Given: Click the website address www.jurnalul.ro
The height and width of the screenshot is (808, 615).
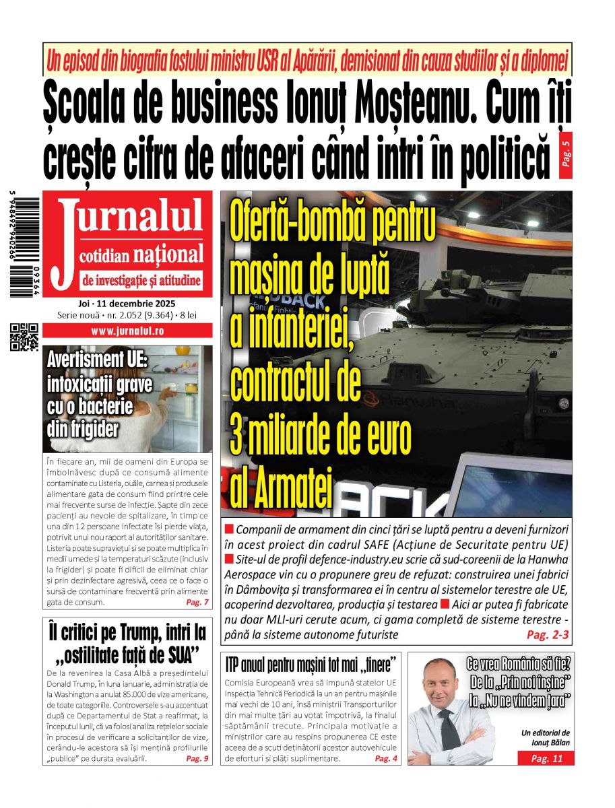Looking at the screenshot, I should pyautogui.click(x=127, y=331).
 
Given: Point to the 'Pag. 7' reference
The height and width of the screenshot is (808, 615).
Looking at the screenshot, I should pyautogui.click(x=197, y=602).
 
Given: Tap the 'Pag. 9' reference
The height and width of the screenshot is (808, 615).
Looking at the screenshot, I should pyautogui.click(x=197, y=759).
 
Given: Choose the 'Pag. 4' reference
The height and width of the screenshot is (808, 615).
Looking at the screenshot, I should pyautogui.click(x=386, y=759).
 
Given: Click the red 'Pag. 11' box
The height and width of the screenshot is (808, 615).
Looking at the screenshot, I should pyautogui.click(x=546, y=759).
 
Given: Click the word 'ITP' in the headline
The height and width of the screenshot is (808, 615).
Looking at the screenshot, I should pyautogui.click(x=235, y=664).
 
